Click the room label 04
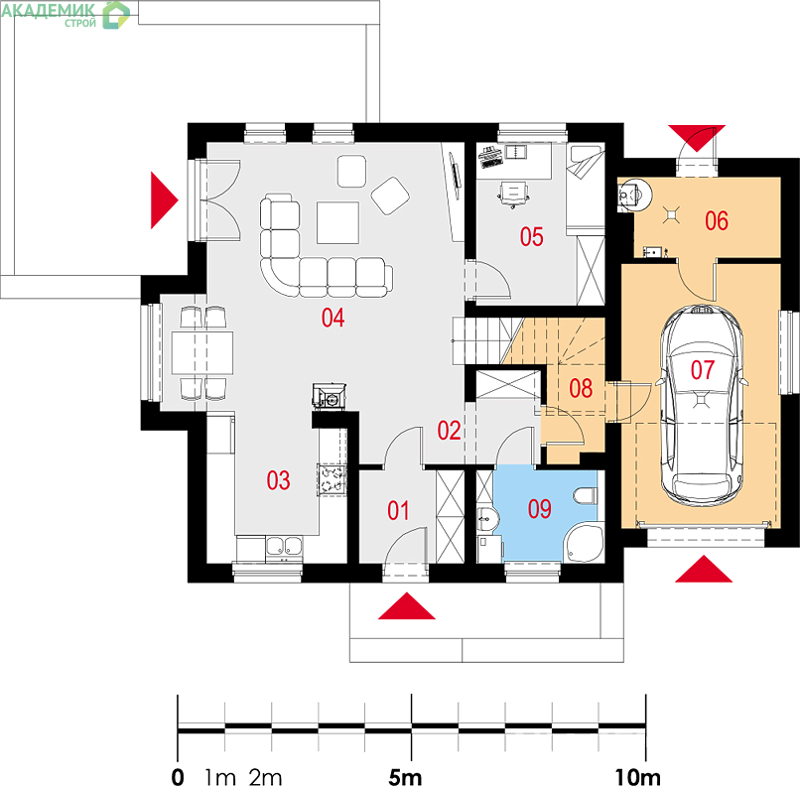click(x=333, y=318)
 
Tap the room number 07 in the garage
click(x=703, y=370)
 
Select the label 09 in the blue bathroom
click(x=540, y=509)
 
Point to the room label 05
click(x=532, y=236)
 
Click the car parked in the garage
click(x=702, y=405)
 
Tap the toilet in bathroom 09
click(x=586, y=496)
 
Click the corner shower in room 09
click(x=585, y=543)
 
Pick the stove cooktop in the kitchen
click(x=332, y=480)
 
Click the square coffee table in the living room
click(x=337, y=222)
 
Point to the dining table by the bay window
click(x=202, y=353)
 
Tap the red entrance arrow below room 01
click(x=407, y=606)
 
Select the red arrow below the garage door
click(x=704, y=569)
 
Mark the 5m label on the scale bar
click(x=405, y=778)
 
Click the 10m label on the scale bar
click(x=638, y=778)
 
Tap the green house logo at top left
click(x=116, y=15)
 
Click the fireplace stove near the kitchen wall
click(x=330, y=396)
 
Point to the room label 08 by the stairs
click(x=581, y=388)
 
